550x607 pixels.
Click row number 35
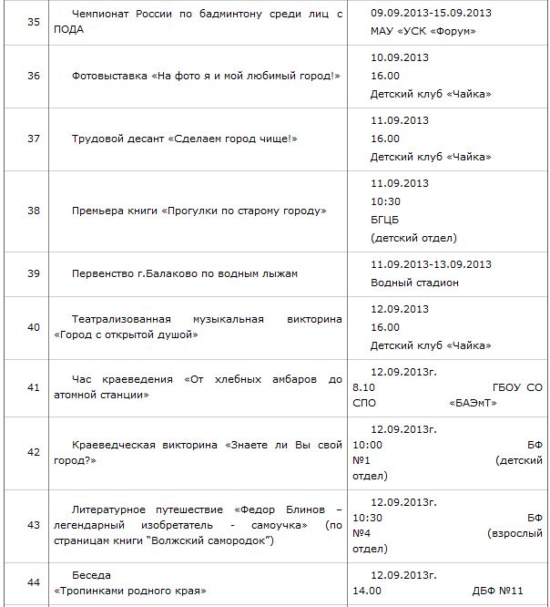coord(34,23)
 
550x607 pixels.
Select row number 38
coord(34,211)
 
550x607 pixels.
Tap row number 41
coord(34,387)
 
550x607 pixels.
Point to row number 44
coord(34,583)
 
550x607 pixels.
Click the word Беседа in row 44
coord(89,576)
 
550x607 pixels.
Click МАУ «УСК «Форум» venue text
coord(423,32)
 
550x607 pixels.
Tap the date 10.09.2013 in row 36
coord(399,57)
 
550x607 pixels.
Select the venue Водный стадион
coord(414,283)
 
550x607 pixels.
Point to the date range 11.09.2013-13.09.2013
coord(431,265)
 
